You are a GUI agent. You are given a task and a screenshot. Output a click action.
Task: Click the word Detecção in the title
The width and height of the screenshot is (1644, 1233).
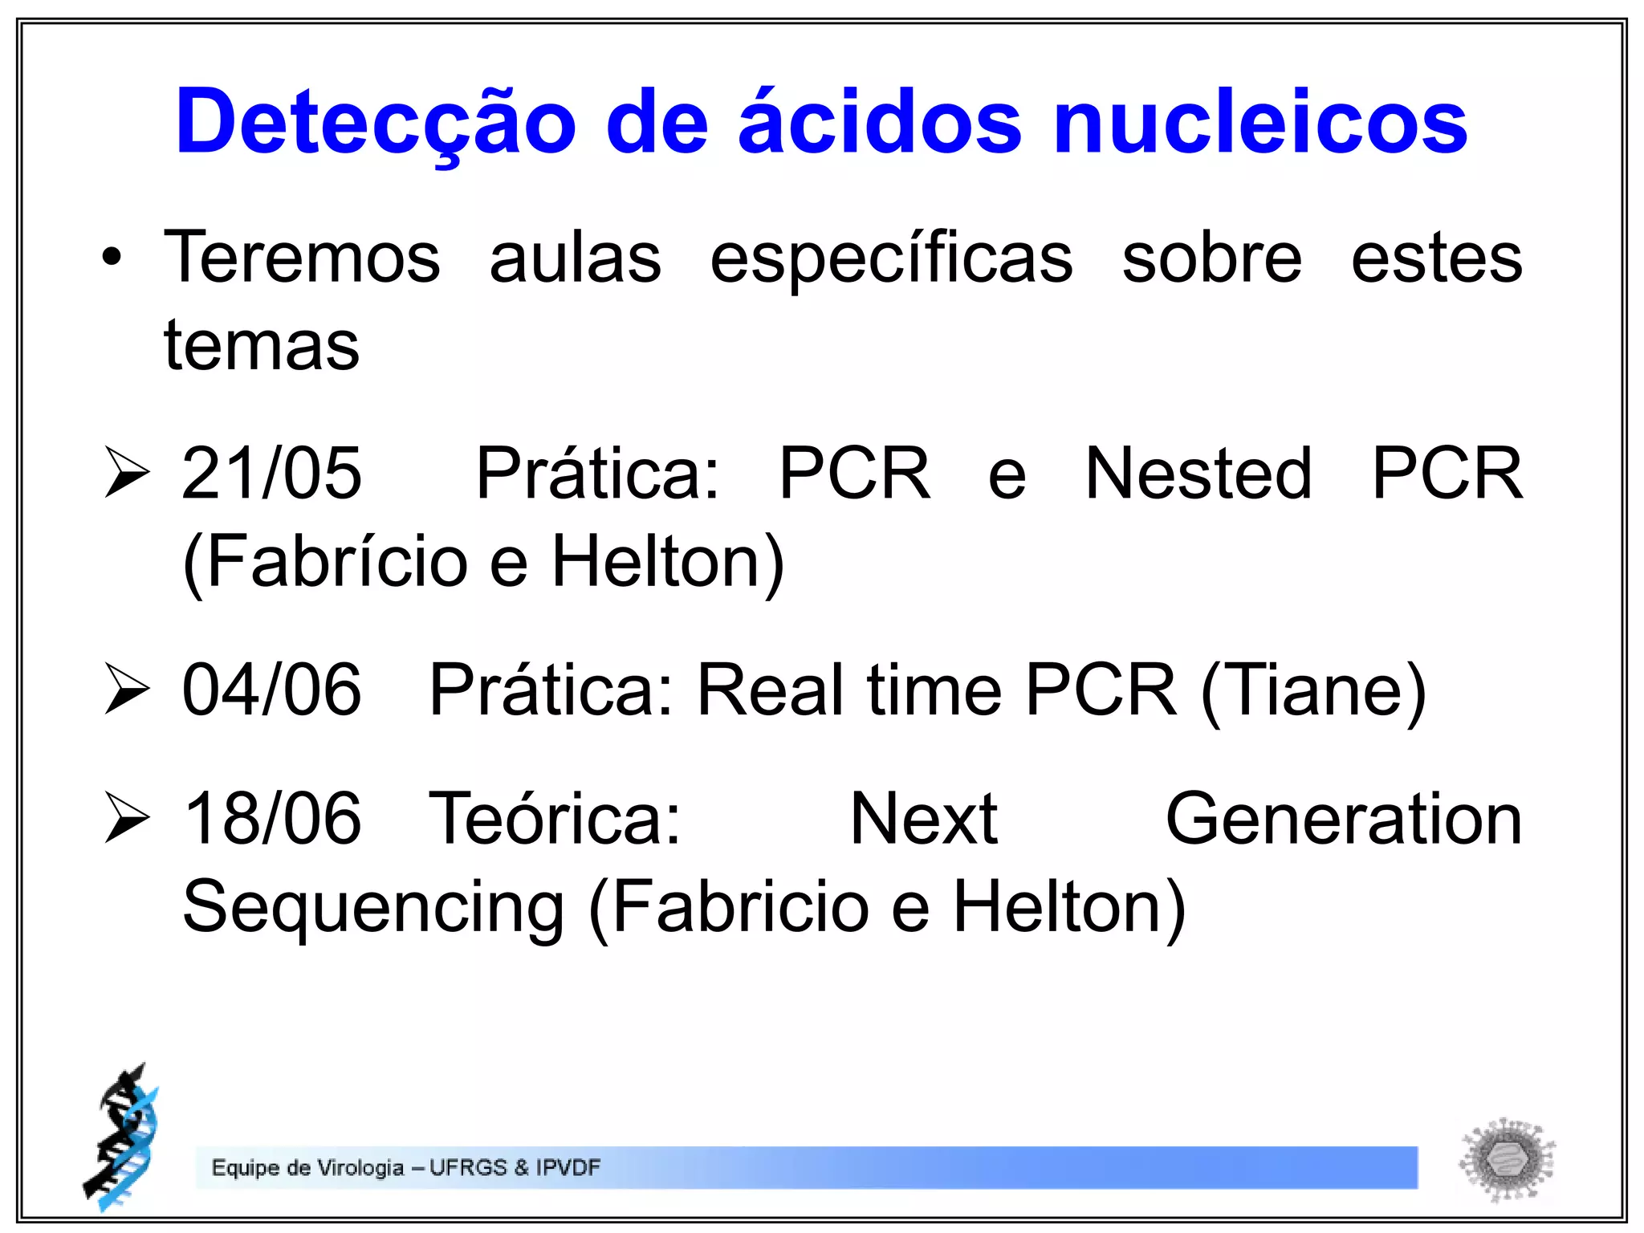[376, 123]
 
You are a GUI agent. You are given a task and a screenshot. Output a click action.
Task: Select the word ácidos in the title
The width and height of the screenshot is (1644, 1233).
[880, 123]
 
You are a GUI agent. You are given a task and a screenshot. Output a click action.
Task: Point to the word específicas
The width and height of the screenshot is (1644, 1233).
[891, 259]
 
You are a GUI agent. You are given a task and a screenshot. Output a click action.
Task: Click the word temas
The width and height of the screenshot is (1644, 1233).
[262, 346]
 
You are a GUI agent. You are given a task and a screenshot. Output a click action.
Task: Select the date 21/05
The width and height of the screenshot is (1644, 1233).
[271, 474]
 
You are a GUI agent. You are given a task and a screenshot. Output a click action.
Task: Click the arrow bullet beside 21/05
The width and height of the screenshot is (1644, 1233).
[127, 473]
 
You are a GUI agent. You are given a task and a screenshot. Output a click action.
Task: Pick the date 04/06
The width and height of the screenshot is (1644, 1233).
[271, 690]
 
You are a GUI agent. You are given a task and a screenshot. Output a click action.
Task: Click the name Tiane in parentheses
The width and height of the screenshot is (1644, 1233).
[1313, 690]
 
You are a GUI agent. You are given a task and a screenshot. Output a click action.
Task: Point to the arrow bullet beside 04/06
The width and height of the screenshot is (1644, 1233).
[127, 690]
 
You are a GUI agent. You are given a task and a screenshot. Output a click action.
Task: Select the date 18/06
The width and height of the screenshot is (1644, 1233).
[271, 819]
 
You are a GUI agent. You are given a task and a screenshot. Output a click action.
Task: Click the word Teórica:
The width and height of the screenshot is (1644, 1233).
[555, 819]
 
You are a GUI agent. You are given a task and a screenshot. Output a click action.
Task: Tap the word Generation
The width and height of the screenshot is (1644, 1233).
[1343, 819]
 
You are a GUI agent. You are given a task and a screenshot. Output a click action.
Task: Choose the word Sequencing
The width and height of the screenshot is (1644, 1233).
[373, 907]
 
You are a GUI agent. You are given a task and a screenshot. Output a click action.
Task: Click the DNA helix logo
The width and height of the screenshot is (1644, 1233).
[122, 1138]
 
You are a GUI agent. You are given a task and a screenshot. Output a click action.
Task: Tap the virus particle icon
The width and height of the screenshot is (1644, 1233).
[1507, 1159]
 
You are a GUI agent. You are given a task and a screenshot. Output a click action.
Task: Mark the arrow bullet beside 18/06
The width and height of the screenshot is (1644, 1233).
[127, 819]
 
